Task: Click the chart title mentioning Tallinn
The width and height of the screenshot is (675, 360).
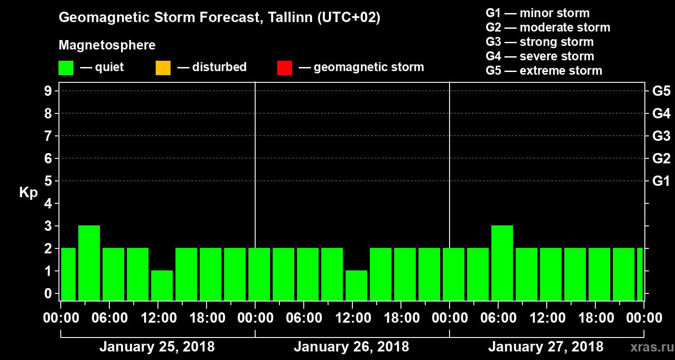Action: (220, 18)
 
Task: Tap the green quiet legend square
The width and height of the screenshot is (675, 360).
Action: (66, 68)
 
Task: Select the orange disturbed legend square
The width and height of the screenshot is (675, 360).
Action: (163, 68)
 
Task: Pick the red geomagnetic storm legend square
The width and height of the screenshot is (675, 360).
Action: (284, 68)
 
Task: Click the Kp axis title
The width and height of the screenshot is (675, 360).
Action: (28, 192)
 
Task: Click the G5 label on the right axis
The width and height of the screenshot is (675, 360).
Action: (661, 91)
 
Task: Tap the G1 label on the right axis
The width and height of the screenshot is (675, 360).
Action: (661, 181)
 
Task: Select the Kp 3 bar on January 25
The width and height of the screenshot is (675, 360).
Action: (89, 263)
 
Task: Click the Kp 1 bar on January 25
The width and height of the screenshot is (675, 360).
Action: (162, 285)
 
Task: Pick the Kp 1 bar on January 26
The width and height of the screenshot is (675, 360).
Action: (356, 285)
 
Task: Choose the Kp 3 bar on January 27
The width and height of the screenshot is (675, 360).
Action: (502, 263)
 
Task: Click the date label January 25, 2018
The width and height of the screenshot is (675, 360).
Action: (157, 347)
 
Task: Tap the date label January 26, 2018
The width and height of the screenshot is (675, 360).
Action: (351, 347)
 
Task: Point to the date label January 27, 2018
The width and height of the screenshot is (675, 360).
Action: (545, 347)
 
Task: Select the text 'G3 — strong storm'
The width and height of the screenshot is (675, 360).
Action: (540, 42)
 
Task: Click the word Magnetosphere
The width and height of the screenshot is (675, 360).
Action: (107, 45)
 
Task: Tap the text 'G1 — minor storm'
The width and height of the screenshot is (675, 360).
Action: (537, 13)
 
